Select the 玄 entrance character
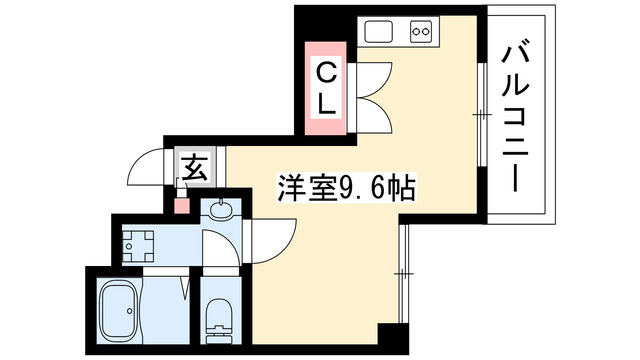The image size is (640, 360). coord(193,165)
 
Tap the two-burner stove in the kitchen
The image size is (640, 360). coord(420,32)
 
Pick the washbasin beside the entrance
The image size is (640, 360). coord(221,212)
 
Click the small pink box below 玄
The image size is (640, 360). coord(181,205)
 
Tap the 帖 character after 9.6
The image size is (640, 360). coord(403,187)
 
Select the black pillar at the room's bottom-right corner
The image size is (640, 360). coord(393,335)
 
